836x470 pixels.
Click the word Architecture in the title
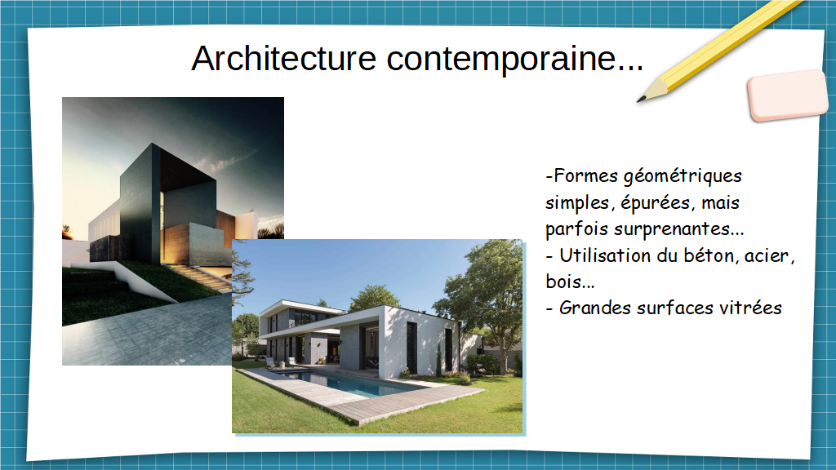click(283, 58)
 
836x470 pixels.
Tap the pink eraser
click(788, 95)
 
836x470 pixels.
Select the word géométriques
click(683, 176)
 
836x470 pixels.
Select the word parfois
click(577, 229)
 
